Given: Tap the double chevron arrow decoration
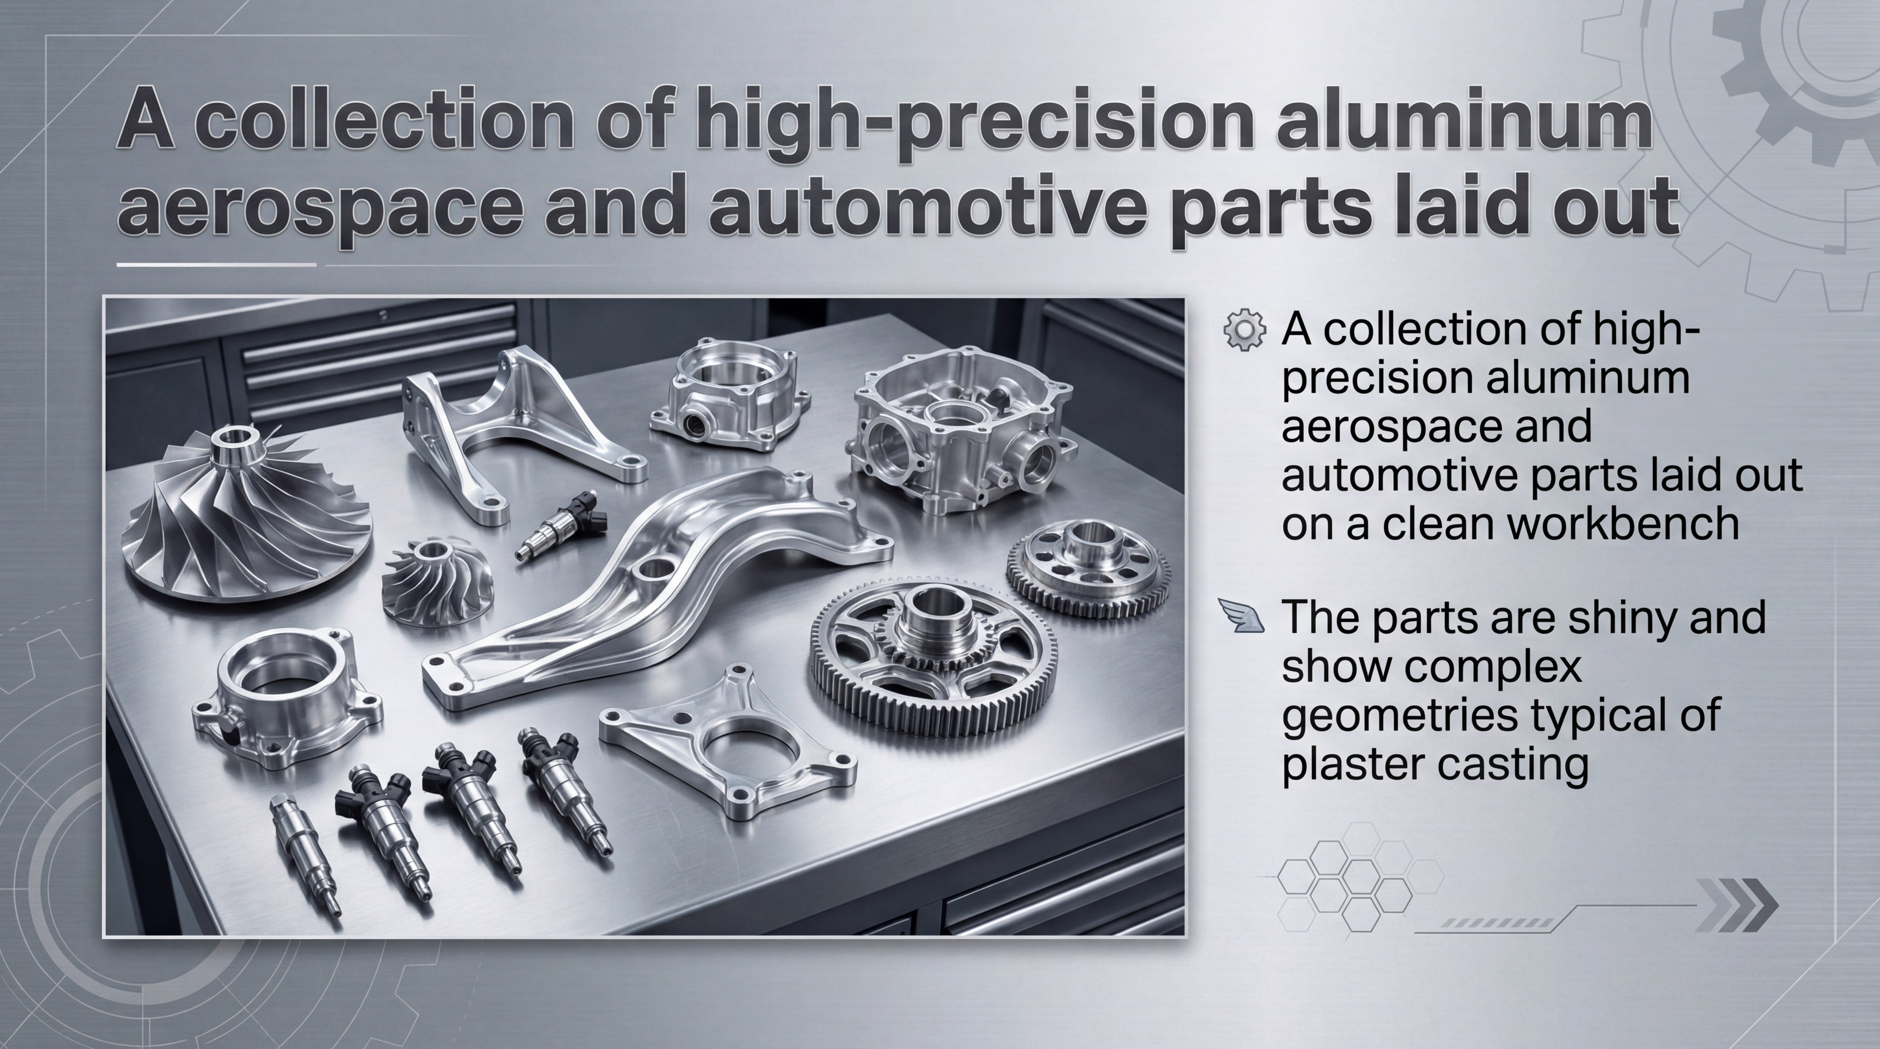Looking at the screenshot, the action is click(x=1736, y=905).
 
